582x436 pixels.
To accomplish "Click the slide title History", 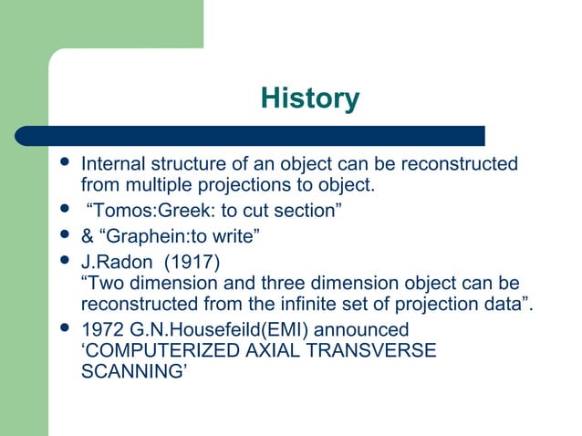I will [x=310, y=98].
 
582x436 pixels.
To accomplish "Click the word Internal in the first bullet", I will [x=112, y=165].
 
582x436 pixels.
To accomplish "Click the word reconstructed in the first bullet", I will [x=455, y=165].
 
